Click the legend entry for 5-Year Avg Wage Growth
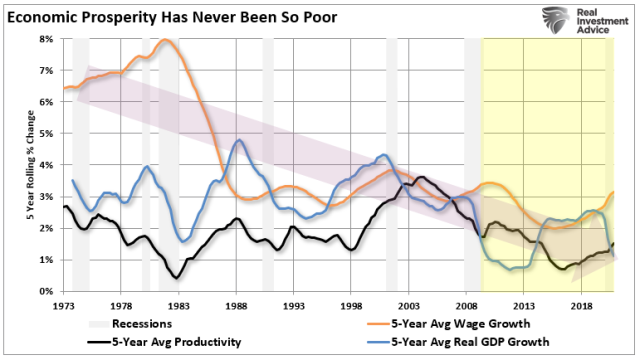(x=460, y=323)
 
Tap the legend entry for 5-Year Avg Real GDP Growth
(x=470, y=342)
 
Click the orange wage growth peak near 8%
(x=165, y=40)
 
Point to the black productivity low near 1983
(x=176, y=277)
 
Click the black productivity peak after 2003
(x=421, y=178)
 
